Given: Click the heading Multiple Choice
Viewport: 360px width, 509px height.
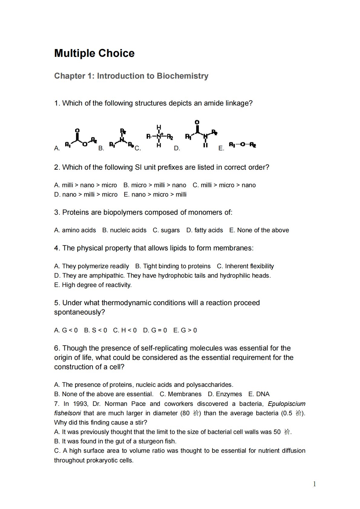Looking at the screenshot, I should (94, 53).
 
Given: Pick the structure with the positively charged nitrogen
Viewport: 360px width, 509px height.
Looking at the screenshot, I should (159, 136).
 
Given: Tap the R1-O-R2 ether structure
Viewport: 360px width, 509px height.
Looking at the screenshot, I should (242, 145).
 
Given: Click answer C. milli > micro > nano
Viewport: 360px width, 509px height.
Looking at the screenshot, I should (224, 185).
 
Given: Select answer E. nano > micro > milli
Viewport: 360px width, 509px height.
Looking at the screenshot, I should (155, 194).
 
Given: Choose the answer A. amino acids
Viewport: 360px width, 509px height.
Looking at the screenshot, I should (75, 230).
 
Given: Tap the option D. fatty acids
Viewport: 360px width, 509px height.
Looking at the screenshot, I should (205, 230).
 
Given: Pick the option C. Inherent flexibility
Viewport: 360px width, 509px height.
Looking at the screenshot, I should (245, 266).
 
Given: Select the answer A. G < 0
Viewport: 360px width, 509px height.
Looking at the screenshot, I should (66, 330).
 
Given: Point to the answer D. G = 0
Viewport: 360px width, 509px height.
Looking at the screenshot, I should (155, 330).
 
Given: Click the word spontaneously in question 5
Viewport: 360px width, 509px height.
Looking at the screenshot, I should (79, 312).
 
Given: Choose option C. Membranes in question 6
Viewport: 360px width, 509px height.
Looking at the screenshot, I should (181, 394).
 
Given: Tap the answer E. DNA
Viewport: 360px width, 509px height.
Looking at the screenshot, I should (259, 394).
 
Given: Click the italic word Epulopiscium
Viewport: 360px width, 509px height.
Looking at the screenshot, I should (286, 404).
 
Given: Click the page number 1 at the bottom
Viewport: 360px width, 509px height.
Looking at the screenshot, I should (315, 484).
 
